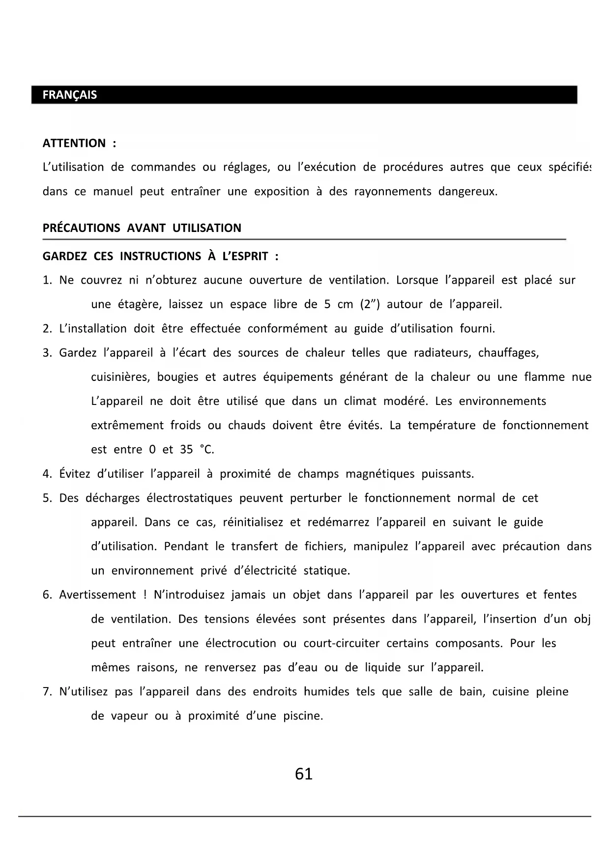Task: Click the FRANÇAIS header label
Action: (69, 95)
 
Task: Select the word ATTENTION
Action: (74, 143)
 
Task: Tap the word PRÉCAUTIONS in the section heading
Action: (81, 228)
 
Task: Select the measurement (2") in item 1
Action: (370, 304)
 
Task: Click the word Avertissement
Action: (97, 595)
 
